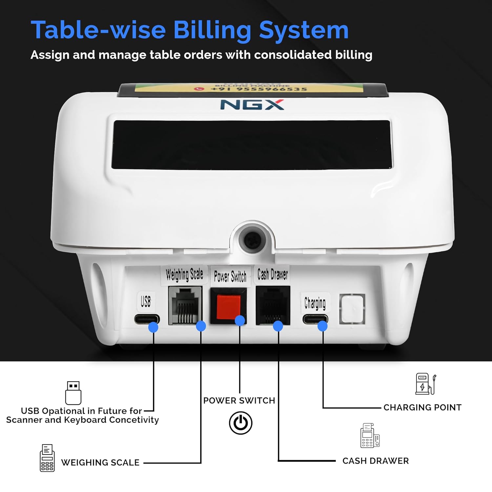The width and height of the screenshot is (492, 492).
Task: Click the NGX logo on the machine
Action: coord(252,105)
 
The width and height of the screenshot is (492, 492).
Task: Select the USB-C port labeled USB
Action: coord(147,319)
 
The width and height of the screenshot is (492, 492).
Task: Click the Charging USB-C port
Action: coord(315,319)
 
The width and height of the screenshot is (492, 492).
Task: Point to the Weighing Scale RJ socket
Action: coord(185,306)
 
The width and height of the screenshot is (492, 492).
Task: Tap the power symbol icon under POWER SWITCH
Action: coord(240,423)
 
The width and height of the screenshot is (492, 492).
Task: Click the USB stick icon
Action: coord(73,393)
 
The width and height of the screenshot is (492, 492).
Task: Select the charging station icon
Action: coord(425,384)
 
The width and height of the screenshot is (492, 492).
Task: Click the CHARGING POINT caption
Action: coord(422,407)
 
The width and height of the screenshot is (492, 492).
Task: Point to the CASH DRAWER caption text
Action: coord(375,461)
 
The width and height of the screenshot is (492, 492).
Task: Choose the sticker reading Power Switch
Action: coord(230,277)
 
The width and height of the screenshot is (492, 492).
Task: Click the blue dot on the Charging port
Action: coord(322,326)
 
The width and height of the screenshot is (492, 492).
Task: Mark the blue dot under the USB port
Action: coord(153,327)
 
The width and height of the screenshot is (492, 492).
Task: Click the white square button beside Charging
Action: coord(352,309)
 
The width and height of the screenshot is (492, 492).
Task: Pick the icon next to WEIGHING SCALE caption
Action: coord(47,458)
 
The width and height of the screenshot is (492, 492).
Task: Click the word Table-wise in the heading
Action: coord(98,30)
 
